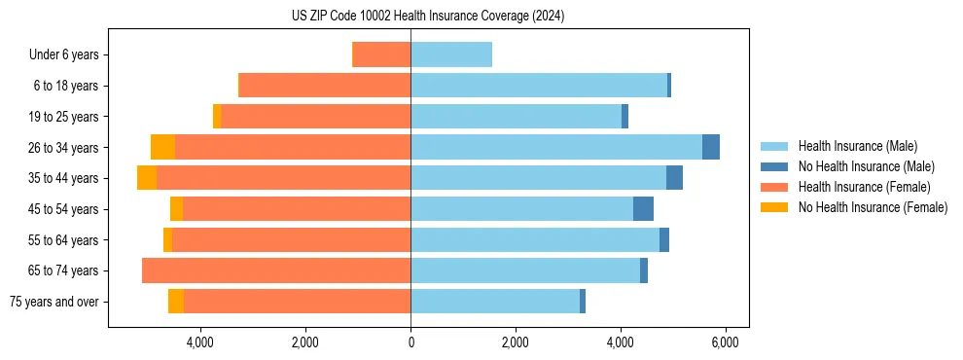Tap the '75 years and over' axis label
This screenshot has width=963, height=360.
tap(54, 302)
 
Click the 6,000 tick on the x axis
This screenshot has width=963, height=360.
tap(725, 343)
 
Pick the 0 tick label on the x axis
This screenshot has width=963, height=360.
tap(410, 343)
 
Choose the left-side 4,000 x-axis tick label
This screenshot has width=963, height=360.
tap(199, 343)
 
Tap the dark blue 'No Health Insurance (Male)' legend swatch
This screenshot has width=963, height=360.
tap(774, 166)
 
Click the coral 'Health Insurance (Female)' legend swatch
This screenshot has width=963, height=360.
tap(774, 187)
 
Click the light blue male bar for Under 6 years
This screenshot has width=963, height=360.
tap(451, 55)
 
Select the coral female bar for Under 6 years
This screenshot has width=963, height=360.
tap(381, 55)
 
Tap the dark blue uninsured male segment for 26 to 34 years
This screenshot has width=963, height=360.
tap(711, 147)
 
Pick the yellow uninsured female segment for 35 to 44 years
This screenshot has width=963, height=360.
tap(147, 178)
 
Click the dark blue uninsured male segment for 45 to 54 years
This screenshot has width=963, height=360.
tap(643, 209)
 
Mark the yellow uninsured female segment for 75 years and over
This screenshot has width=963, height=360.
tap(176, 302)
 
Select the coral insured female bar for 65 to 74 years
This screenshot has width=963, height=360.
tap(276, 270)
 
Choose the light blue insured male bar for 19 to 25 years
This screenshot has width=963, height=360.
tap(516, 117)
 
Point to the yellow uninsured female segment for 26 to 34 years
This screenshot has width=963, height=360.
tap(162, 147)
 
